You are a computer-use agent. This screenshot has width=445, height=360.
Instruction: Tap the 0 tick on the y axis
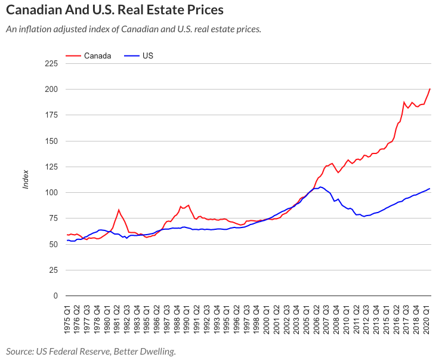click(55, 296)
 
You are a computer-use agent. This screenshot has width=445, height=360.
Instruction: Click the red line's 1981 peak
click(119, 210)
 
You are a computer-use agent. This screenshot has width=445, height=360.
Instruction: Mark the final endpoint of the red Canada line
click(430, 89)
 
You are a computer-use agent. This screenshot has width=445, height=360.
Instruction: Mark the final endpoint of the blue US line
click(430, 189)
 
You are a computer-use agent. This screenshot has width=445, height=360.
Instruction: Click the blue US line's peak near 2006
click(321, 187)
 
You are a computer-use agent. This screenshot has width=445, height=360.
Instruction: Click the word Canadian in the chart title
click(33, 10)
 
